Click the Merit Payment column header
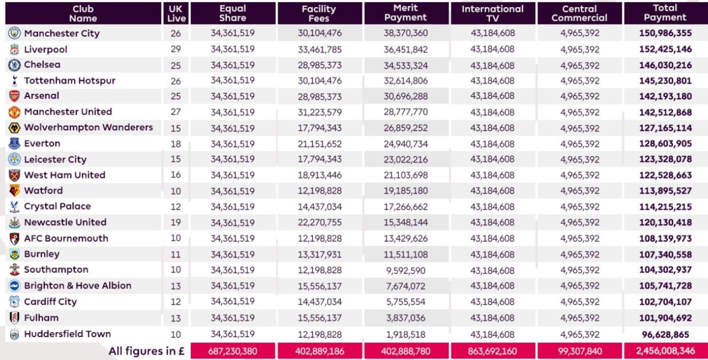[x=405, y=13]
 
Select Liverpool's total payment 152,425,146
[x=665, y=49]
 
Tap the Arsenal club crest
[x=14, y=96]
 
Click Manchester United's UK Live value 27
[x=176, y=112]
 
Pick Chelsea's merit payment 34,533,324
[x=405, y=65]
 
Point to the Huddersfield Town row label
[x=67, y=334]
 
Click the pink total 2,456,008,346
[x=665, y=351]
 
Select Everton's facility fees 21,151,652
[x=320, y=144]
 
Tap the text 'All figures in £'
[x=146, y=351]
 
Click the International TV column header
[x=493, y=13]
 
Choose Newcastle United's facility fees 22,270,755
[x=320, y=223]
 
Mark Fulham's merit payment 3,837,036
[x=405, y=318]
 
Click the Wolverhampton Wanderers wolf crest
[x=14, y=127]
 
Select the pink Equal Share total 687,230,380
[x=232, y=351]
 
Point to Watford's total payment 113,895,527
[x=665, y=191]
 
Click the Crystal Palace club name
[x=57, y=206]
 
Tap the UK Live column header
[x=176, y=13]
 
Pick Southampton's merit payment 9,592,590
[x=405, y=270]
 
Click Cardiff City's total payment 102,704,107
[x=665, y=302]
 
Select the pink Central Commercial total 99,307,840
[x=579, y=351]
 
